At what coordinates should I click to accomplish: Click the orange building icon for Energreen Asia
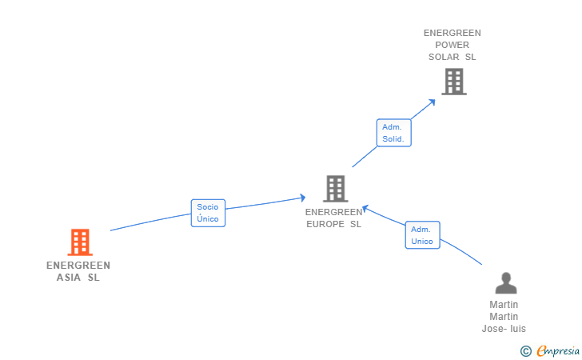click(x=80, y=242)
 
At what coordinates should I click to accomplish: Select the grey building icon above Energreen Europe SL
click(x=336, y=189)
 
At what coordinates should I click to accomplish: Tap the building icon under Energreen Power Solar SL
click(x=454, y=82)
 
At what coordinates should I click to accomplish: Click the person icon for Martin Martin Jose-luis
click(x=506, y=283)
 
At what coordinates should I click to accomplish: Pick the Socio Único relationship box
click(x=208, y=213)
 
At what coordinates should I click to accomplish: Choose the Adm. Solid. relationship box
click(x=393, y=133)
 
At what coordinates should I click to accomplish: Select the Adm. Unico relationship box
click(x=422, y=235)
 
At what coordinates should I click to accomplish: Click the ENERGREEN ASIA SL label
click(x=78, y=271)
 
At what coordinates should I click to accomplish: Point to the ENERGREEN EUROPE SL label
click(x=333, y=218)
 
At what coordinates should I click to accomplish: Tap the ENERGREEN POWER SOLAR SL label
click(x=452, y=45)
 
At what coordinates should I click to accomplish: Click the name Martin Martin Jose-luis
click(x=504, y=317)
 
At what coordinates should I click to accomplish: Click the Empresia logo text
click(x=558, y=350)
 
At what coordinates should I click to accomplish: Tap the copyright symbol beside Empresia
click(x=525, y=351)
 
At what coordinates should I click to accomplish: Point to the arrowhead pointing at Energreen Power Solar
click(x=432, y=102)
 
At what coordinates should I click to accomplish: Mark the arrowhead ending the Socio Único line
click(x=302, y=198)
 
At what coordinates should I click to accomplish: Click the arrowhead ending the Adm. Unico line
click(x=365, y=209)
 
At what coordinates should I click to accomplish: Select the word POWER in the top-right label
click(x=452, y=45)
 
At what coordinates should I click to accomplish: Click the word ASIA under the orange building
click(x=68, y=278)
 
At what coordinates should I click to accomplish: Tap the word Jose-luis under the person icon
click(x=504, y=329)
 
